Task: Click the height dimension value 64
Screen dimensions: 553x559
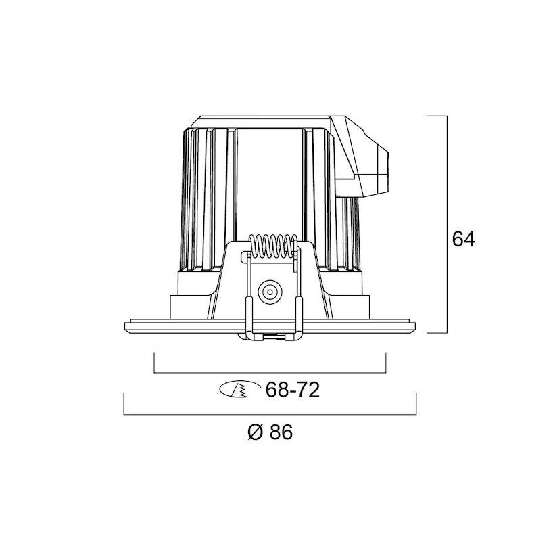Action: tap(463, 239)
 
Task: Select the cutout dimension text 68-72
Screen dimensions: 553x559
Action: tap(292, 390)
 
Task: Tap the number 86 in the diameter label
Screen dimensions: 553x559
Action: tap(281, 432)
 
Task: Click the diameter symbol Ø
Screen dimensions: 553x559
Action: tap(255, 432)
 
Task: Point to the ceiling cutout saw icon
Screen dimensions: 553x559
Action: tap(239, 389)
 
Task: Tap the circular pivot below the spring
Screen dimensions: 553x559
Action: tap(270, 292)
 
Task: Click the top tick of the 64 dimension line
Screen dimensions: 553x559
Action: tap(437, 116)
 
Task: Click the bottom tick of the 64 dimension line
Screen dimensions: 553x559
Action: tap(437, 333)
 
